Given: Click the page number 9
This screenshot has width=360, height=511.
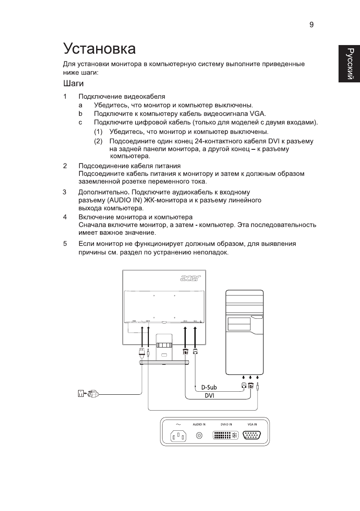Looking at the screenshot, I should tap(312, 25).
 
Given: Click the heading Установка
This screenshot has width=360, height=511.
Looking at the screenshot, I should tap(99, 48).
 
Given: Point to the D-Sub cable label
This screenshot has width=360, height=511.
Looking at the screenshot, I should tap(209, 387).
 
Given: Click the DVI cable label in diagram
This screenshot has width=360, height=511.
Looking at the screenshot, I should tap(209, 396).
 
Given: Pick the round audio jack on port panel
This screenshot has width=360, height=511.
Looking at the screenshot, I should tap(199, 436).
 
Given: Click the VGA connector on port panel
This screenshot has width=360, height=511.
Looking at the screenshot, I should tap(252, 436).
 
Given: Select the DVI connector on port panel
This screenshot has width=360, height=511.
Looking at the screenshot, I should tap(226, 436).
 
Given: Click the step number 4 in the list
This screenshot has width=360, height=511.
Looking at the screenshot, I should tap(65, 217).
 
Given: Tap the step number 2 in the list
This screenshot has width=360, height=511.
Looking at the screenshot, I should tap(65, 166).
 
